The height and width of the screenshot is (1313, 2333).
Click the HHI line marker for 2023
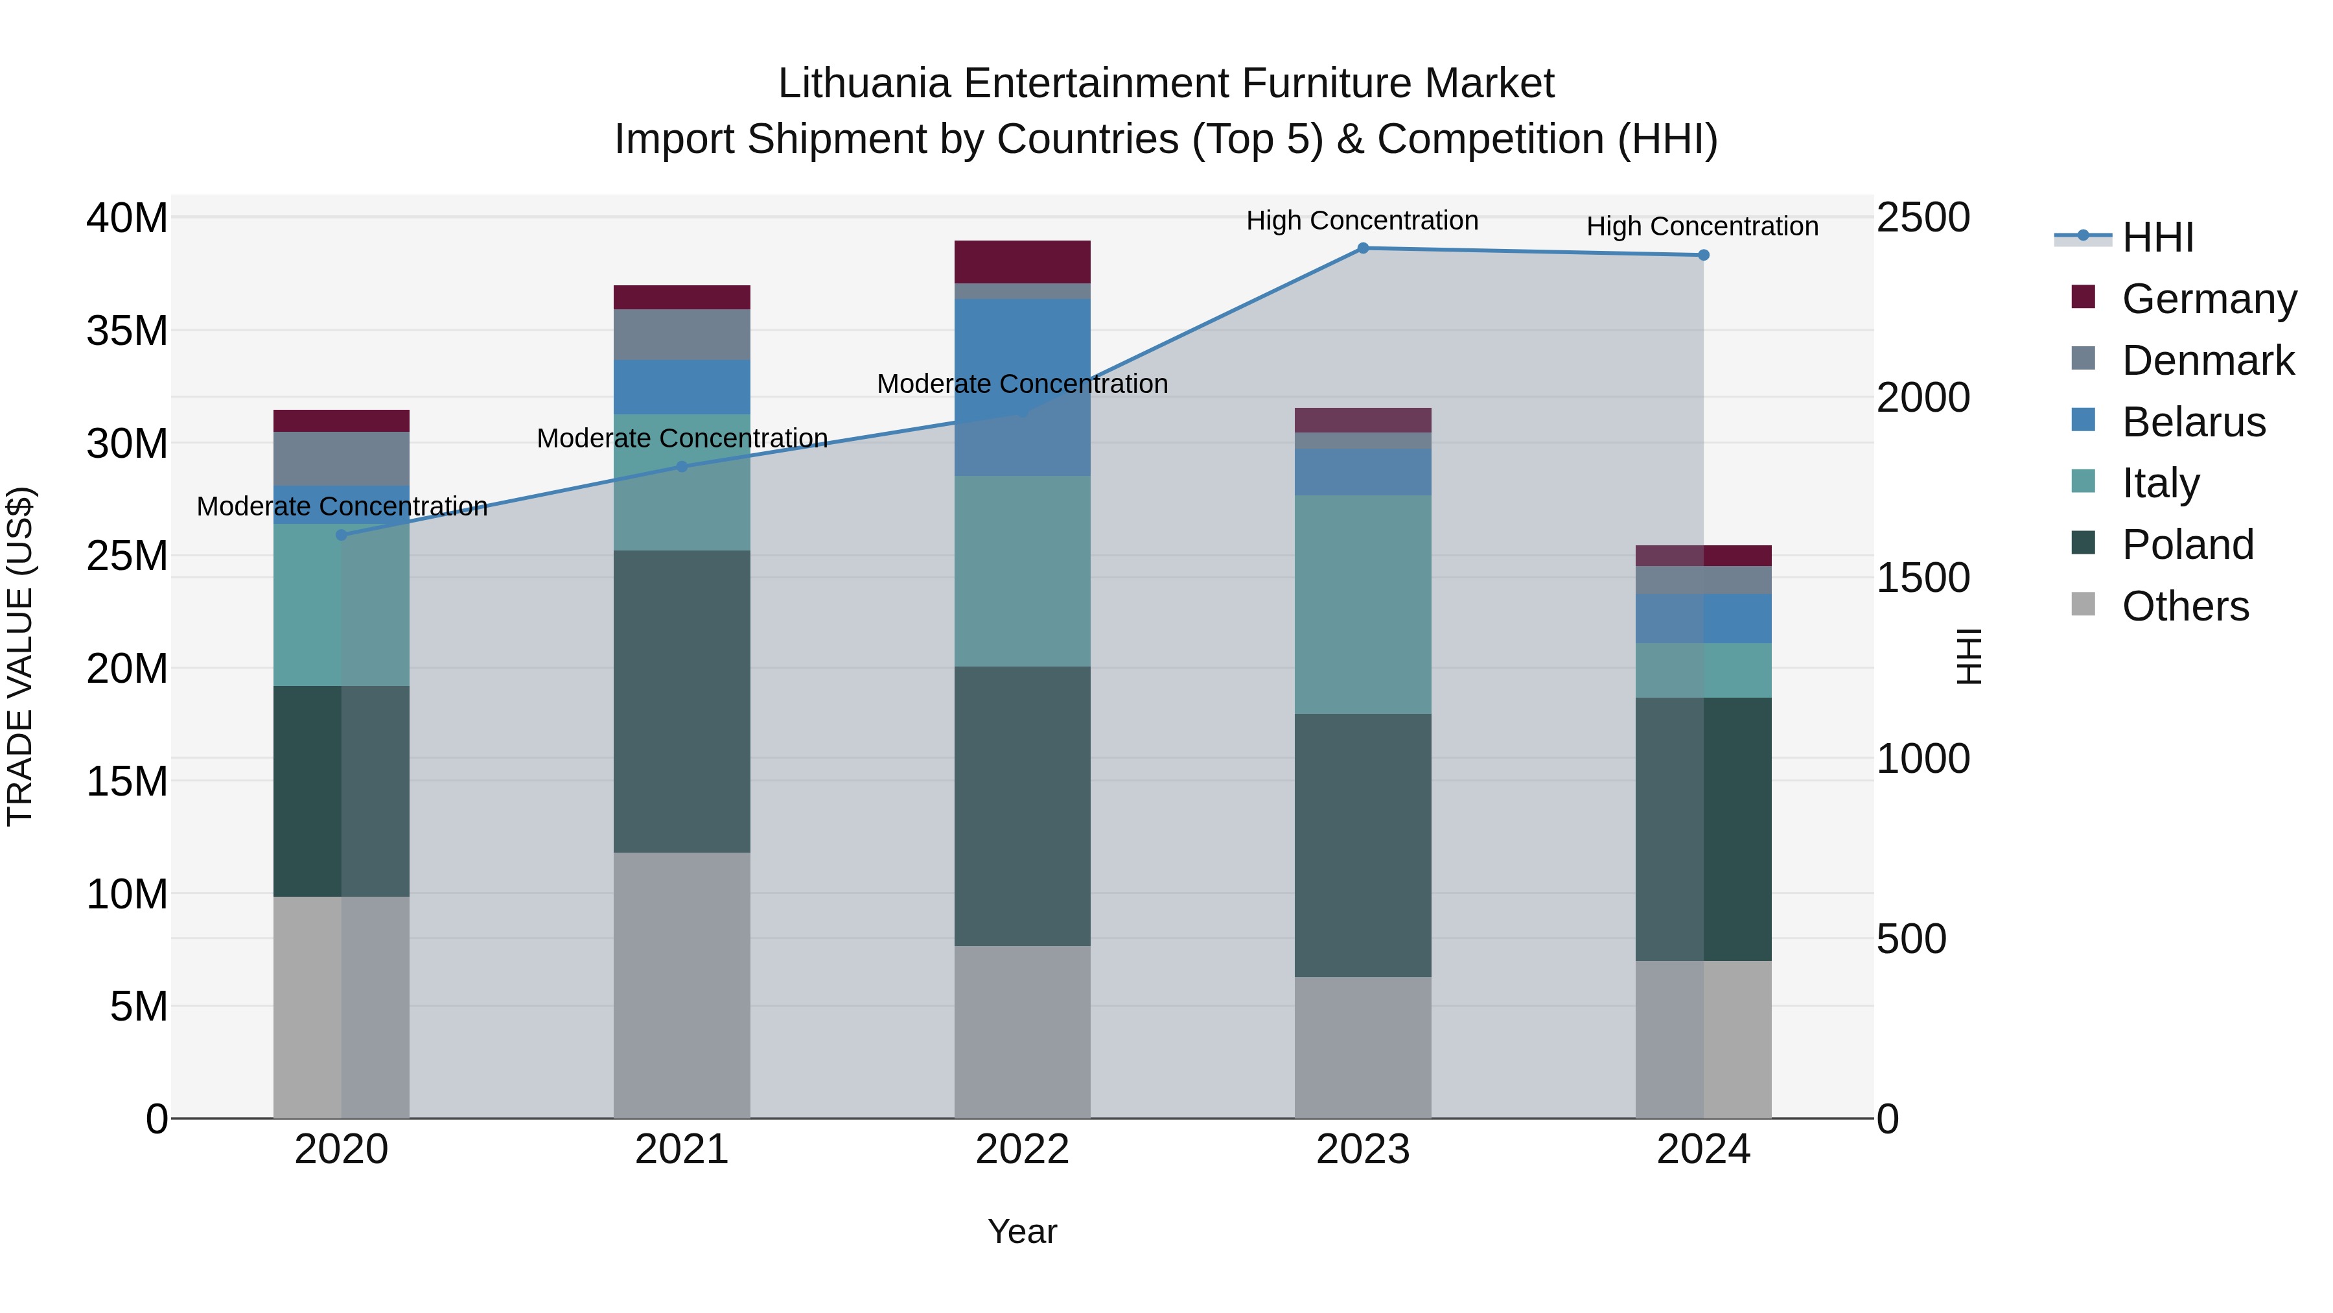(x=1362, y=248)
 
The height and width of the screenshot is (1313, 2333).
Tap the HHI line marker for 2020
(x=342, y=536)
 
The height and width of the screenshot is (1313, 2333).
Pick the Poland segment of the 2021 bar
(x=681, y=702)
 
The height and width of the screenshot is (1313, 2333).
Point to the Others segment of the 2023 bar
(x=1362, y=1048)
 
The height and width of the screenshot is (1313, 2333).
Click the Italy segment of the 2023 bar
(x=1362, y=604)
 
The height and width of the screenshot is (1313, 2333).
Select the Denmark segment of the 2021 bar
(x=681, y=335)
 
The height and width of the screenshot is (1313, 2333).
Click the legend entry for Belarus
(x=2192, y=422)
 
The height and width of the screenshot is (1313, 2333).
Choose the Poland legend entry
(x=2187, y=545)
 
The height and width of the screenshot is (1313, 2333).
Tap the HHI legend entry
(x=2156, y=237)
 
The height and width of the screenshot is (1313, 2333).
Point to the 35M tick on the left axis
(x=127, y=331)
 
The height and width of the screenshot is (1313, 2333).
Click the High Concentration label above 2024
(x=1702, y=226)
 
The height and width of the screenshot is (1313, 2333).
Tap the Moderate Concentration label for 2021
(x=681, y=438)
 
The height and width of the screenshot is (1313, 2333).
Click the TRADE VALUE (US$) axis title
(x=21, y=656)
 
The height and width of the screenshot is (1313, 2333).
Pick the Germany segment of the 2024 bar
(x=1702, y=556)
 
